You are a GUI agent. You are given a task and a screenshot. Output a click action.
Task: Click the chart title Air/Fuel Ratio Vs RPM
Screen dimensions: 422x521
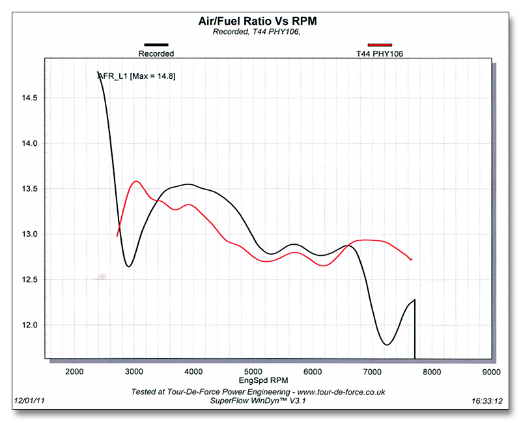tap(257, 21)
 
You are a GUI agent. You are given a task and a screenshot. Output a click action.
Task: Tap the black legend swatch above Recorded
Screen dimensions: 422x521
tap(156, 45)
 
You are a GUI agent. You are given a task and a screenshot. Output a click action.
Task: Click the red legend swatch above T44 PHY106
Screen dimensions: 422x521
tap(380, 45)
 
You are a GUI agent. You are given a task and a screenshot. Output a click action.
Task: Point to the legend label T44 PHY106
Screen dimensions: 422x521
tap(380, 54)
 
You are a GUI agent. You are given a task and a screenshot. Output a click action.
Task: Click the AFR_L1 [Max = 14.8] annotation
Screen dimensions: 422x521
tap(137, 76)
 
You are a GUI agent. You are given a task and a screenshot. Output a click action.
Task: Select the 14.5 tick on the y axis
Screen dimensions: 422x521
tap(31, 98)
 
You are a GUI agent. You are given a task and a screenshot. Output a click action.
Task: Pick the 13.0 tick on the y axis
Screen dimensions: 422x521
tap(31, 234)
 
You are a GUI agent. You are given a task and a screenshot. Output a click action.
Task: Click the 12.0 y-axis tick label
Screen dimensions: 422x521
tap(31, 325)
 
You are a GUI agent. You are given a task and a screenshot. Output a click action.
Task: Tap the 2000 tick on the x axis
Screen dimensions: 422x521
tap(74, 371)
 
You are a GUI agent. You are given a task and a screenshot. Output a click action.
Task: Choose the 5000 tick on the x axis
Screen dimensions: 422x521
tap(253, 371)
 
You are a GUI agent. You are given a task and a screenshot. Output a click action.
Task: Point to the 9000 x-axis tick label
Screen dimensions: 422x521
tap(490, 371)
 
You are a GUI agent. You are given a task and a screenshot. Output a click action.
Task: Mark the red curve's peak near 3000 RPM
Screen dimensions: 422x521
tap(137, 181)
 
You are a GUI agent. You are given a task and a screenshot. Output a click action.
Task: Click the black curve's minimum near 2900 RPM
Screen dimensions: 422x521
tap(129, 266)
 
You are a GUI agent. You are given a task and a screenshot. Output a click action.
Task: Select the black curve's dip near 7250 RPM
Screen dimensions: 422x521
tap(387, 345)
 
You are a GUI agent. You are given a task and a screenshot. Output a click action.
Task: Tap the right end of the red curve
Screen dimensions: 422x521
tap(412, 259)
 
